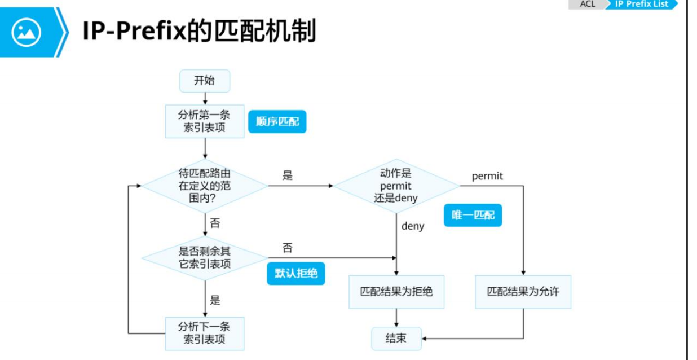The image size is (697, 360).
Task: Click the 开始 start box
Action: pos(205,81)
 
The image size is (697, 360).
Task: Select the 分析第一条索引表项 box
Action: pos(205,121)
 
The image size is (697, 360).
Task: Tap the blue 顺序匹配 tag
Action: pos(277,121)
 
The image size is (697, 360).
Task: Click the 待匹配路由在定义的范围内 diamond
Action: pos(205,185)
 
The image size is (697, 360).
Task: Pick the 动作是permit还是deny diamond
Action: pos(396,185)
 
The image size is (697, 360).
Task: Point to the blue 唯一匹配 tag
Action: pos(473,215)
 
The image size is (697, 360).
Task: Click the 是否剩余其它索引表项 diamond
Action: pos(205,258)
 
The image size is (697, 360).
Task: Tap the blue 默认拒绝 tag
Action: pos(296,273)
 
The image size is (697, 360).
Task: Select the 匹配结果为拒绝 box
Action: pos(396,292)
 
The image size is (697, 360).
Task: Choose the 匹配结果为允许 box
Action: pos(523,292)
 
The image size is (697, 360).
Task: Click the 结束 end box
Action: pos(396,339)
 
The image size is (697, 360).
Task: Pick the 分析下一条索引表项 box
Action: pos(205,333)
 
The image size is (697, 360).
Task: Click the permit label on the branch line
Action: pos(487,176)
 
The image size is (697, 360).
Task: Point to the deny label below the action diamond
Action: pos(413,226)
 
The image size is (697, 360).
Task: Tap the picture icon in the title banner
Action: pos(27,32)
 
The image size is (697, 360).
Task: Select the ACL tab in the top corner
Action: pos(588,4)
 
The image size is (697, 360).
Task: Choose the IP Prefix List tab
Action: pos(641,4)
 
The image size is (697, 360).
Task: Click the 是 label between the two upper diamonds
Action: pos(288,175)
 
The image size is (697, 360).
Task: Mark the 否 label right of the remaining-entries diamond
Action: pos(288,248)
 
